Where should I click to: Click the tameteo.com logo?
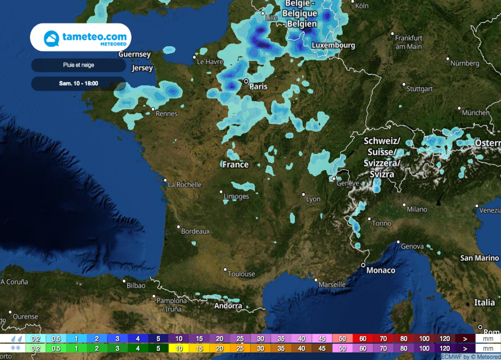pos(81,38)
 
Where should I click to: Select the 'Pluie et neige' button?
pos(79,65)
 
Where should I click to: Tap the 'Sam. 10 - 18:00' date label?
pos(79,84)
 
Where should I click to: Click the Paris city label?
pos(258,87)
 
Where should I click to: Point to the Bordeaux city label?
pos(195,231)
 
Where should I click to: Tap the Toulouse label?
pos(241,274)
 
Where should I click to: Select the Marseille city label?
pos(332,284)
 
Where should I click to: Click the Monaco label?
pos(381,270)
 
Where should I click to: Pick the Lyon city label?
pos(313,199)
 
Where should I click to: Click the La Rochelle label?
pos(184,185)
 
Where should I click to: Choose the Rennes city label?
pos(166,113)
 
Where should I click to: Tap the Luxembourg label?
pos(333,45)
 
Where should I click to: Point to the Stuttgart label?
pos(420,89)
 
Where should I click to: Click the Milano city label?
pos(417,209)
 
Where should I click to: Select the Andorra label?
pos(228,306)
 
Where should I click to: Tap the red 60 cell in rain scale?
pos(363,338)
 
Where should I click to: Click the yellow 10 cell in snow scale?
pos(179,349)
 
